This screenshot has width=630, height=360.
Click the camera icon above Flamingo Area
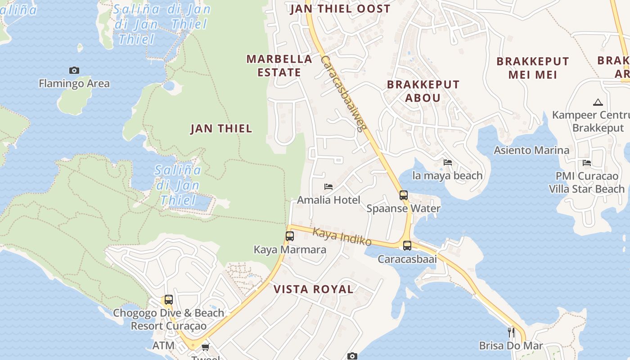pos(74,70)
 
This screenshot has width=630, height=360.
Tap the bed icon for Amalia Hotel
pos(328,186)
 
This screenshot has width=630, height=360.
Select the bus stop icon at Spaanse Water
pos(404,195)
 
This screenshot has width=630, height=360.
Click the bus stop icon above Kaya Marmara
pos(290,236)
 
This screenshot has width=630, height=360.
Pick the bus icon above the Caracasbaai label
pos(407,246)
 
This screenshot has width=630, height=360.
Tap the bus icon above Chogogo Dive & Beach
pos(168,300)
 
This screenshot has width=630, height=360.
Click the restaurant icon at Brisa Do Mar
pos(511,333)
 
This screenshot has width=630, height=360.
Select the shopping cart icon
pos(206,347)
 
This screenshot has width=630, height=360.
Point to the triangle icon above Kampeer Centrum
pos(598,102)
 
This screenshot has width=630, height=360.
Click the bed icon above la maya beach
pos(448,162)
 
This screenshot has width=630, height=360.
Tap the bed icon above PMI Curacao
pos(587,163)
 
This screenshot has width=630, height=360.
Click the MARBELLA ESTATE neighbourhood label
pos(279,66)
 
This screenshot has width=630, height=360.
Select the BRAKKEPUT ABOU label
pos(423,91)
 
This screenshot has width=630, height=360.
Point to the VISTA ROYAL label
pos(314,289)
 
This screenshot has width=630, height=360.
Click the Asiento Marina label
pos(531,150)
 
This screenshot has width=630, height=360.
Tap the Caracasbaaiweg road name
pos(342,94)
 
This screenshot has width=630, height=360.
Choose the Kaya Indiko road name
pos(342,237)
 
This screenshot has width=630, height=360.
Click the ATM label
pos(163,346)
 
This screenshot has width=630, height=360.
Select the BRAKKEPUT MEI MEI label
pos(533,68)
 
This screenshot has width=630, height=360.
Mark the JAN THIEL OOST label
pos(340,9)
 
